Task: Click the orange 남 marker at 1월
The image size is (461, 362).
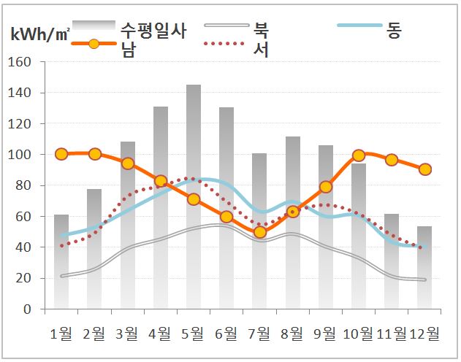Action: (x=61, y=154)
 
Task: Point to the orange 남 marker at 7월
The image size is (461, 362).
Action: (x=259, y=232)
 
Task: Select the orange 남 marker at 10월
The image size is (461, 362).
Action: (x=359, y=155)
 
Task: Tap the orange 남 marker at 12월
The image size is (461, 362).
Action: (x=424, y=169)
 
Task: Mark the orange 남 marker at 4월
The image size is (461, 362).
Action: (x=161, y=180)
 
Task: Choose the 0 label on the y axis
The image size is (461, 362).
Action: (x=27, y=309)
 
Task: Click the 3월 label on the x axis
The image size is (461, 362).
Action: (x=127, y=334)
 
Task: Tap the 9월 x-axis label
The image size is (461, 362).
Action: (x=325, y=334)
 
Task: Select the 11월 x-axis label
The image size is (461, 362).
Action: (x=391, y=334)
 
